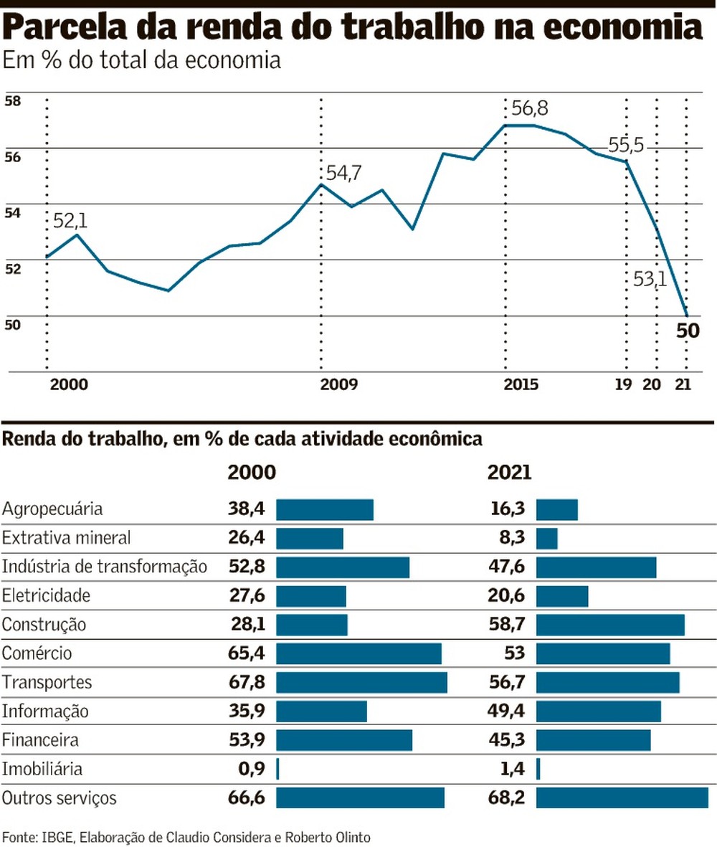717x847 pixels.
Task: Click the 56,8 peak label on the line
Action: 530,108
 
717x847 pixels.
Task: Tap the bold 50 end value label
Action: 688,333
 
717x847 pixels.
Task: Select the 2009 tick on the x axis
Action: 338,384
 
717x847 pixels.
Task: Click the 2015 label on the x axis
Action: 521,384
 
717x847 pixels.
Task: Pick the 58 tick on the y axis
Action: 12,101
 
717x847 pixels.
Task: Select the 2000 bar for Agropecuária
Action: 325,509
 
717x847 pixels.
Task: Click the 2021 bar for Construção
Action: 610,625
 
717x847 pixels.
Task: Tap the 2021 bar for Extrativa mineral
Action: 547,538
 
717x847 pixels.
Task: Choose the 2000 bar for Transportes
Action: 361,682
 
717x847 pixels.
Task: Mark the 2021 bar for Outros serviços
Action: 622,798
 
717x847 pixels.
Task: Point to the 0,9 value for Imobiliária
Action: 251,770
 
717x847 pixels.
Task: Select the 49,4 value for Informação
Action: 508,711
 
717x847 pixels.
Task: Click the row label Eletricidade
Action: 47,595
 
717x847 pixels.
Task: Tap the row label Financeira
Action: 40,740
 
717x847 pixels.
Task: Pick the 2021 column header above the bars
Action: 509,473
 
